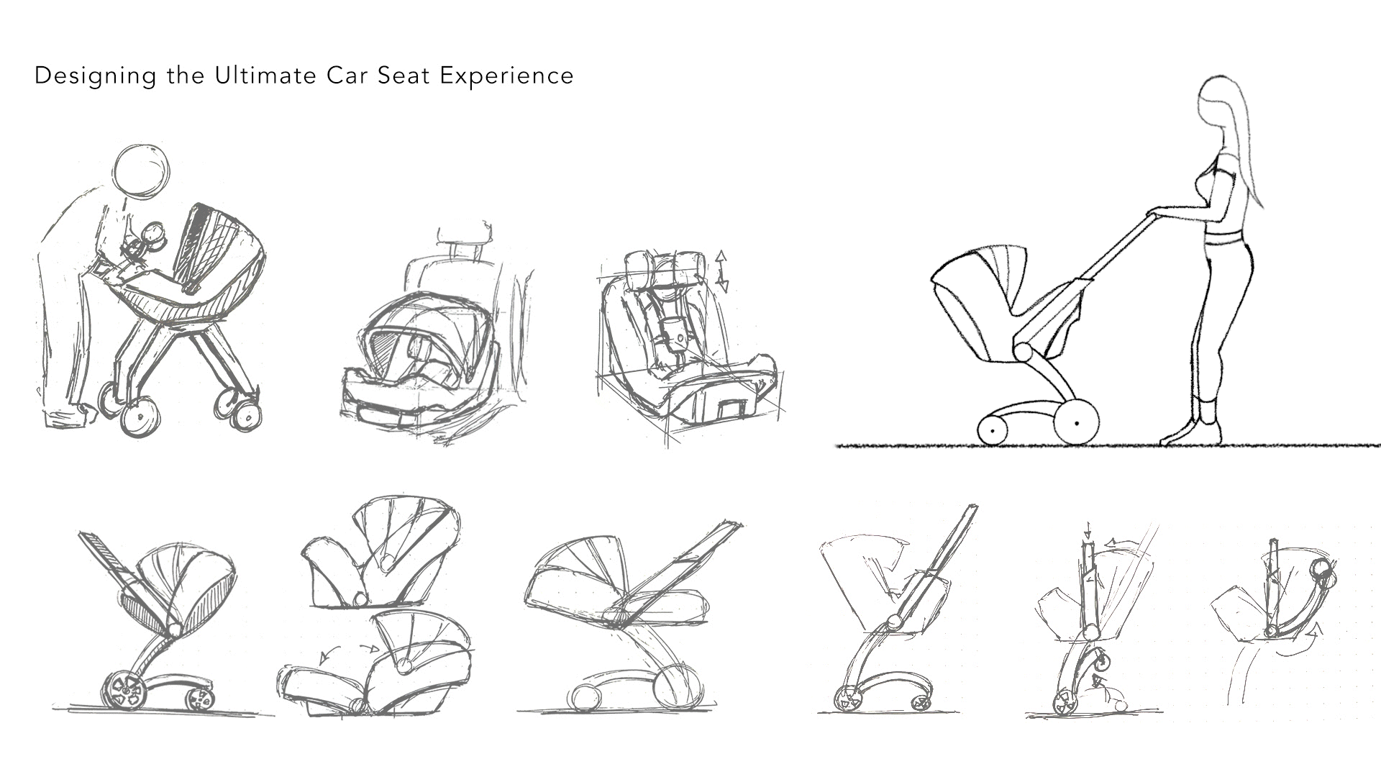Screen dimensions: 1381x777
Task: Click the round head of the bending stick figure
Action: click(142, 170)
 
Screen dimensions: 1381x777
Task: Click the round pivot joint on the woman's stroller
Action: click(1023, 352)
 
